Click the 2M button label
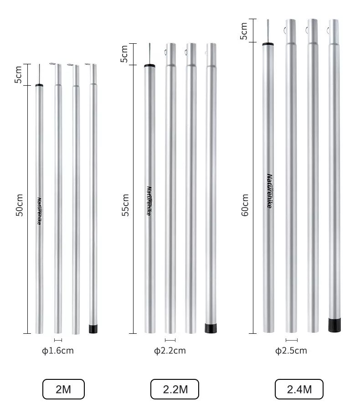point(63,389)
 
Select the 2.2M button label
point(175,389)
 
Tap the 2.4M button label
point(299,389)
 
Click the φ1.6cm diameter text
point(57,351)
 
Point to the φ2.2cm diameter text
point(170,351)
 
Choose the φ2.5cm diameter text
point(291,351)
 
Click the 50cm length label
point(20,205)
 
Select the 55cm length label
point(126,205)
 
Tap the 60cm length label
point(245,205)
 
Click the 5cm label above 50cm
point(19,75)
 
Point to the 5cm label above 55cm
point(124,54)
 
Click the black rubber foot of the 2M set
point(93,329)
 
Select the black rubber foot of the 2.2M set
point(211,328)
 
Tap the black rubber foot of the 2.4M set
point(335,325)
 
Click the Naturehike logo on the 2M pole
point(40,211)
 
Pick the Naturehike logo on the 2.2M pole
point(149,201)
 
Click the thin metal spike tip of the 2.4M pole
point(268,31)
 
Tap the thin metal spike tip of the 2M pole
point(39,74)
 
